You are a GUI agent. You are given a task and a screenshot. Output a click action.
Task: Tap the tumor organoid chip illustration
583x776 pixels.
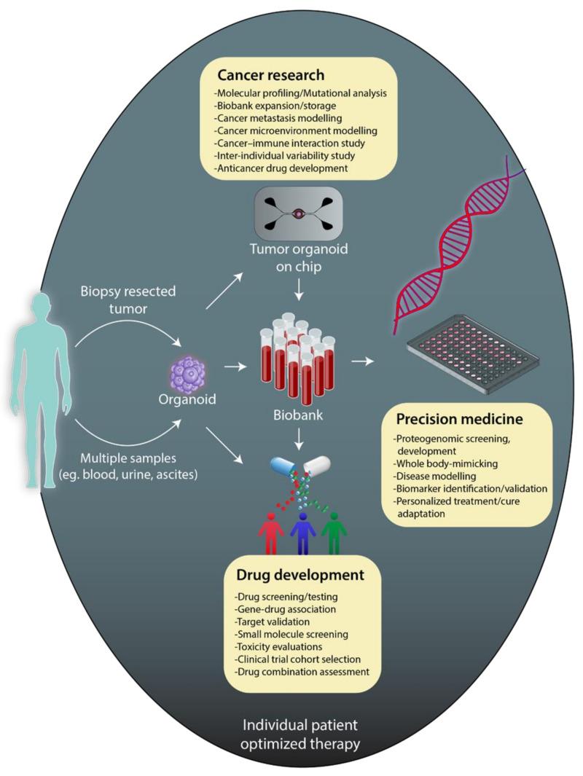tap(298, 215)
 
